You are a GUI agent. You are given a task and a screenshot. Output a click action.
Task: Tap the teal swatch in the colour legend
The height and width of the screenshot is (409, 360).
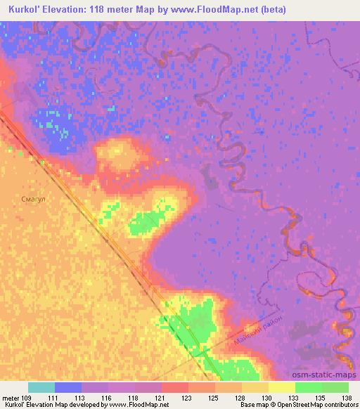[x=41, y=387]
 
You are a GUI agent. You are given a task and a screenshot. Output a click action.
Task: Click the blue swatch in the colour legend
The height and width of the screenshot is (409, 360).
[x=68, y=387]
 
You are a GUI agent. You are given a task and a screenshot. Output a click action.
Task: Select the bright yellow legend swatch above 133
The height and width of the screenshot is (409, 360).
[x=281, y=387]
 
